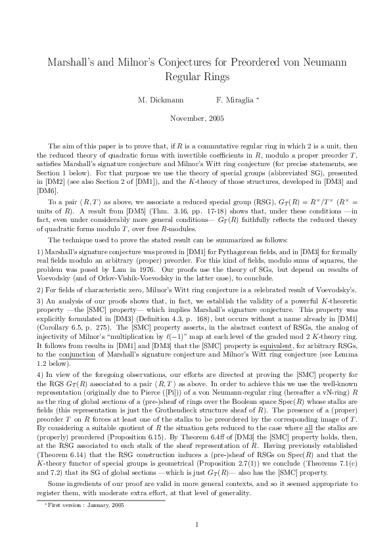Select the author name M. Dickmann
(x=157, y=100)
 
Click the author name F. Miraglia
(x=236, y=100)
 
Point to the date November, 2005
(x=196, y=119)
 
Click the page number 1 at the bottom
(x=196, y=523)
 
